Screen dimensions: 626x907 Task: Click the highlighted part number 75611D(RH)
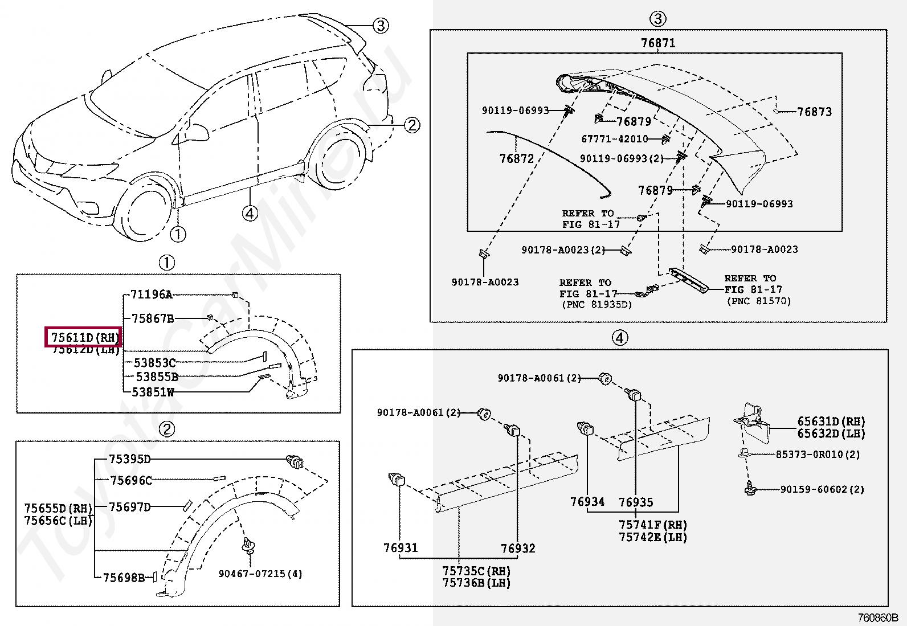click(83, 337)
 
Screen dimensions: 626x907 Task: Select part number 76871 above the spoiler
click(657, 43)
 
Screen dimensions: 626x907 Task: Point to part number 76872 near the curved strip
click(516, 158)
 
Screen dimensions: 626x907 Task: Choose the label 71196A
click(151, 294)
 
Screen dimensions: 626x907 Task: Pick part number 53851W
click(153, 392)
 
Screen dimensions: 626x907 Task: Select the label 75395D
click(130, 459)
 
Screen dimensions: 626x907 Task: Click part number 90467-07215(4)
click(260, 574)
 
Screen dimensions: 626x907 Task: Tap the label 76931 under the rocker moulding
click(401, 548)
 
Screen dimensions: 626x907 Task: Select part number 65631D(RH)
click(831, 422)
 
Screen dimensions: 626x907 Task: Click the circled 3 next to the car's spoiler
click(381, 25)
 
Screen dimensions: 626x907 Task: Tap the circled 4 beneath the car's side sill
click(250, 213)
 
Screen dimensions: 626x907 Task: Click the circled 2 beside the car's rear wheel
click(412, 125)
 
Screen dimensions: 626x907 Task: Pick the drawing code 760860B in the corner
click(878, 617)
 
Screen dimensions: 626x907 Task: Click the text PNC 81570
click(758, 301)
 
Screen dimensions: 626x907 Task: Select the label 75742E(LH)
click(653, 537)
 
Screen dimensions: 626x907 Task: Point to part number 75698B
click(124, 578)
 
